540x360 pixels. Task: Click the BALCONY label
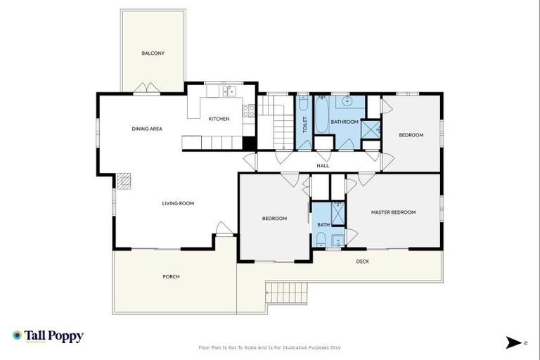[153, 53]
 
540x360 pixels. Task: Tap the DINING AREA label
[147, 129]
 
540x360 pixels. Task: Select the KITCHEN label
[219, 119]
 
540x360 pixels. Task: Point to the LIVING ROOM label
[178, 203]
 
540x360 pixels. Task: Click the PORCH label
[171, 276]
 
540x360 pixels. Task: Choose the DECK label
[362, 262]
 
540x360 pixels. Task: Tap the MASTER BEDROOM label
[393, 212]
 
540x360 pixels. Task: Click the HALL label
[323, 166]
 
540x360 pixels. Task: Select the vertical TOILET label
[304, 124]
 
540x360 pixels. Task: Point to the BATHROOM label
[345, 122]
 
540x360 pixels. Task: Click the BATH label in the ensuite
[323, 224]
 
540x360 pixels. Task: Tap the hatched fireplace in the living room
[124, 181]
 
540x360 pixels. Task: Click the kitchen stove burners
[249, 111]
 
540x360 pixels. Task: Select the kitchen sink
[229, 91]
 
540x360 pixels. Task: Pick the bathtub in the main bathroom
[322, 115]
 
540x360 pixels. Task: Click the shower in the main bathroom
[371, 129]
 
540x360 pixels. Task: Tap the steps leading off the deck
[287, 293]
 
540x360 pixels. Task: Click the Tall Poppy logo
[49, 336]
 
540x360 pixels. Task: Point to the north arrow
[514, 342]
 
